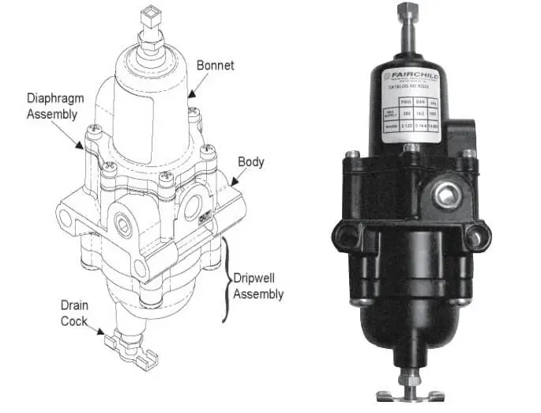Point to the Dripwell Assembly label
pos(257,287)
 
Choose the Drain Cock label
pos(77,310)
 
